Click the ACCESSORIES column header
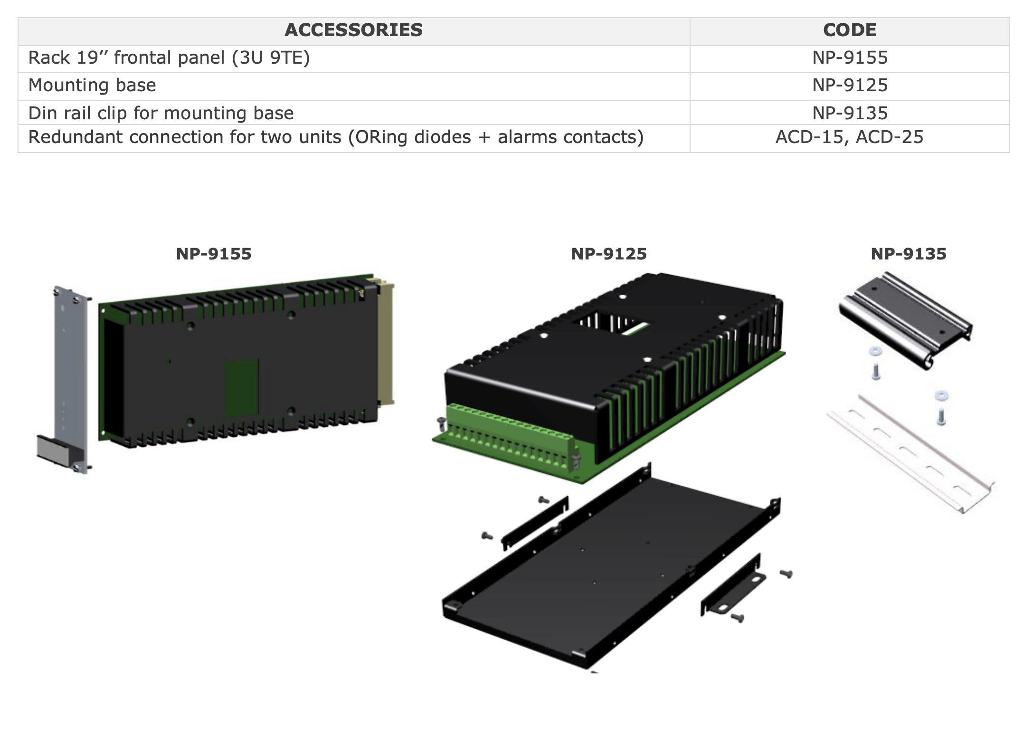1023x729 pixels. click(353, 30)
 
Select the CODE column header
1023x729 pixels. click(849, 30)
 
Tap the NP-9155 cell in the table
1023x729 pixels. click(849, 58)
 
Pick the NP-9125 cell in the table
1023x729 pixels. click(849, 85)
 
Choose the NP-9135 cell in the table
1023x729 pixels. click(849, 113)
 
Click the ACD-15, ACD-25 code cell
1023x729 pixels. click(849, 137)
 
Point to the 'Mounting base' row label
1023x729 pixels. click(92, 85)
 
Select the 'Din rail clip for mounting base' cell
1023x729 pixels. click(161, 113)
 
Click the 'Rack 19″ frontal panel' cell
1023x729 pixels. click(169, 58)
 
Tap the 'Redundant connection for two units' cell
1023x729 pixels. click(336, 137)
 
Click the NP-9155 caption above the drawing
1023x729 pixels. click(214, 254)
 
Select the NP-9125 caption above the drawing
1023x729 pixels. click(609, 254)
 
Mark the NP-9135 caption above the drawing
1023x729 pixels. click(908, 254)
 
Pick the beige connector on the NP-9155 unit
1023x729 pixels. click(386, 342)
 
